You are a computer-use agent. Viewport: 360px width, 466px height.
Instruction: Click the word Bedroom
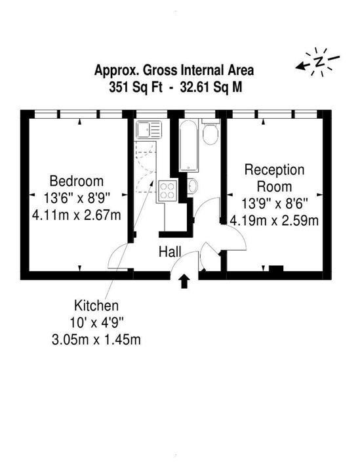pyautogui.click(x=77, y=181)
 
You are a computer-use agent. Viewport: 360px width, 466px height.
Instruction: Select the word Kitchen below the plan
pyautogui.click(x=96, y=306)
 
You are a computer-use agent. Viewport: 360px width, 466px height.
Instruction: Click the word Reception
pyautogui.click(x=275, y=170)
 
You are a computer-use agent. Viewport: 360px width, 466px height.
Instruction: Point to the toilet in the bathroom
pyautogui.click(x=210, y=135)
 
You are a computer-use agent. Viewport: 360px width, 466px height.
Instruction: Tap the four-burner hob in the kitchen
pyautogui.click(x=167, y=190)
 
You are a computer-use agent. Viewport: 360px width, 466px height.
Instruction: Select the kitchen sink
pyautogui.click(x=148, y=130)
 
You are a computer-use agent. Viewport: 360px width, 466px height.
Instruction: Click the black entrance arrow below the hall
pyautogui.click(x=184, y=281)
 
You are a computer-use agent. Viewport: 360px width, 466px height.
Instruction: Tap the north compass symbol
pyautogui.click(x=318, y=62)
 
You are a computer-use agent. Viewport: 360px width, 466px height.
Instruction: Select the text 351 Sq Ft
pyautogui.click(x=134, y=85)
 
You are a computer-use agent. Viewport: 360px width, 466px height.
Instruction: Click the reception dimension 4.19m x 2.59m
pyautogui.click(x=275, y=221)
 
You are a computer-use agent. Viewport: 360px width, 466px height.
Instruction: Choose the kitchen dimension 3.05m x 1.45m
pyautogui.click(x=98, y=339)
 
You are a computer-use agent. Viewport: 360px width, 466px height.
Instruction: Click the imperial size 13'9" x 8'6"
pyautogui.click(x=275, y=203)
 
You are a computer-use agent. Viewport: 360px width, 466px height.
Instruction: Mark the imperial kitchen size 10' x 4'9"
pyautogui.click(x=97, y=322)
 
